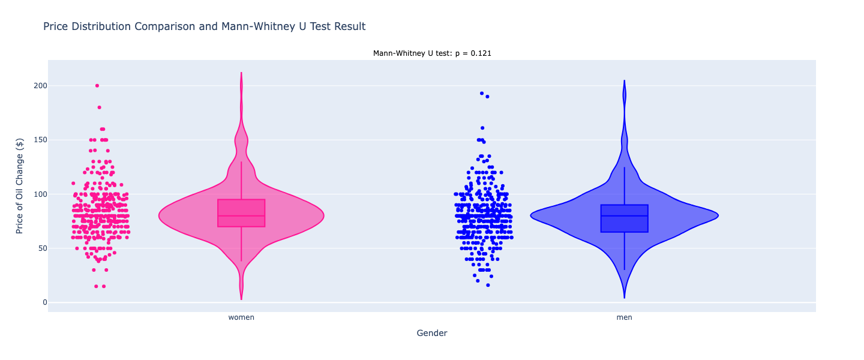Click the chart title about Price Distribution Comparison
[204, 26]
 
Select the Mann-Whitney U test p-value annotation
[432, 53]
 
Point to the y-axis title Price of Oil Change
[20, 186]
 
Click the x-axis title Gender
[432, 333]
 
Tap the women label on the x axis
[241, 317]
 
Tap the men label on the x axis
[624, 317]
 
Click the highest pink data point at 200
[97, 86]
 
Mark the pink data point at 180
[100, 107]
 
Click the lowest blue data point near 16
[488, 285]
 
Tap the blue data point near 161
[482, 128]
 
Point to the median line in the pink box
[241, 215]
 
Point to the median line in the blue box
[624, 215]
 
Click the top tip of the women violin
[241, 73]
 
